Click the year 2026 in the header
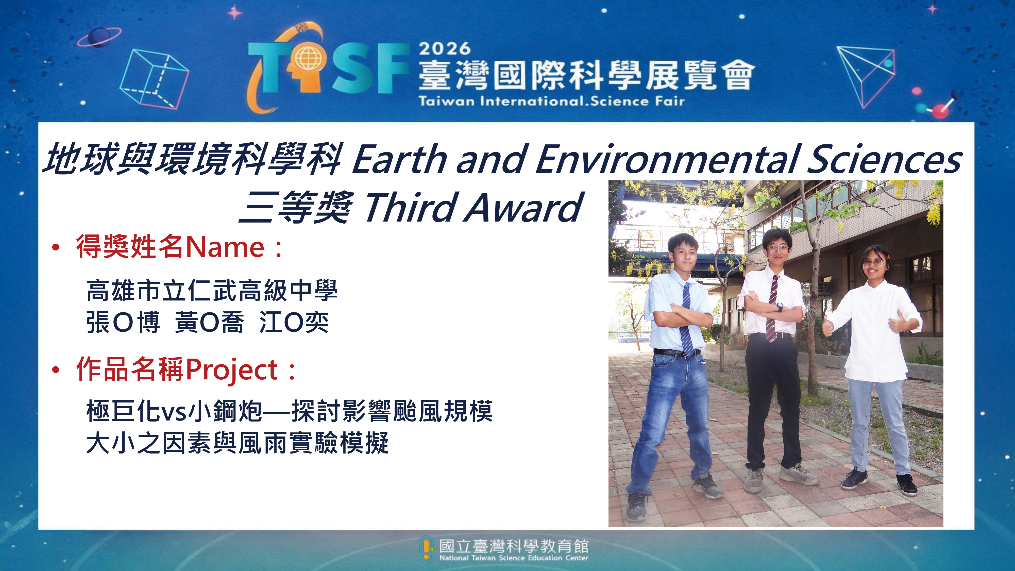tap(445, 49)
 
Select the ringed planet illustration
tap(99, 38)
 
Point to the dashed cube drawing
tap(154, 79)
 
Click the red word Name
tap(225, 247)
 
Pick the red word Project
tap(232, 371)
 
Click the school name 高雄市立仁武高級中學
tap(212, 290)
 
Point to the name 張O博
tap(123, 322)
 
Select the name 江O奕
tap(294, 322)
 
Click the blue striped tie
tap(687, 319)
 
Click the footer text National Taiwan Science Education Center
tap(514, 558)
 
